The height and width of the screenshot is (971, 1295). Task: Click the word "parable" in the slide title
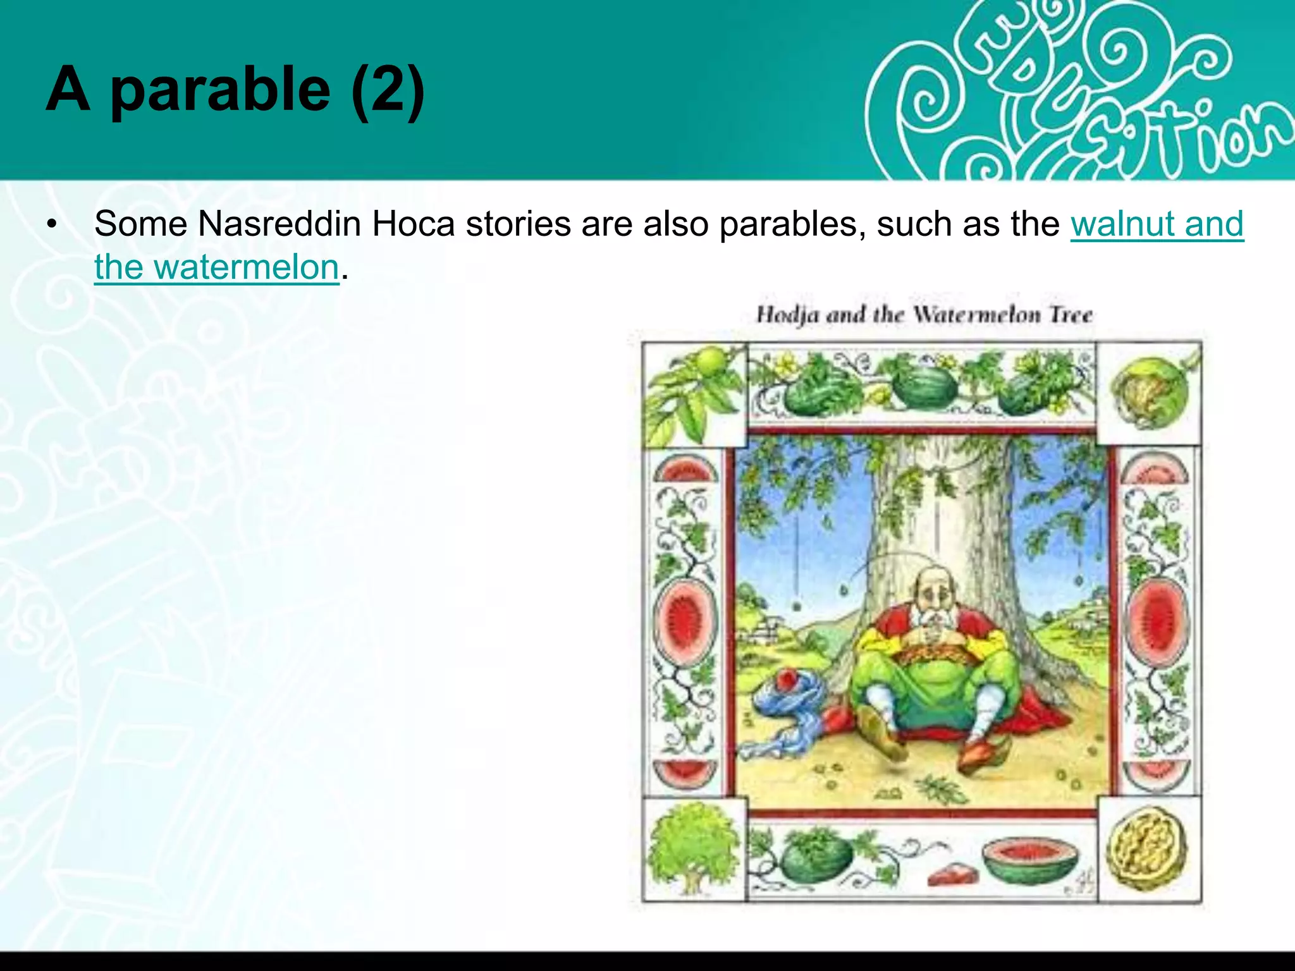[x=220, y=90]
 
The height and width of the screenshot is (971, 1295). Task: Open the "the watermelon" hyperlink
[x=217, y=267]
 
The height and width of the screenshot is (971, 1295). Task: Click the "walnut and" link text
[x=1157, y=224]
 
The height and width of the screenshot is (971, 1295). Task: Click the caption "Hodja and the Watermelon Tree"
[x=924, y=314]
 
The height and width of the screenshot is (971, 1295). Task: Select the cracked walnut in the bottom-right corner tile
[x=1148, y=850]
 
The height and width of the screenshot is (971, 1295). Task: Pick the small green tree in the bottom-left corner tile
[x=694, y=847]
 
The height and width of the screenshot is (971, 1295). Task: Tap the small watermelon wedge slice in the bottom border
[x=952, y=876]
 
